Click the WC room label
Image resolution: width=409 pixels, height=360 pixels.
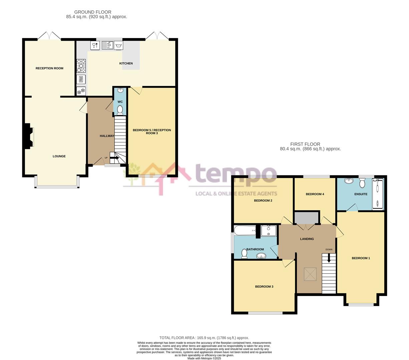(120, 102)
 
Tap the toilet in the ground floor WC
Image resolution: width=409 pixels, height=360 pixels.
(120, 110)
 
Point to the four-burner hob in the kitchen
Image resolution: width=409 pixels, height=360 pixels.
(81, 66)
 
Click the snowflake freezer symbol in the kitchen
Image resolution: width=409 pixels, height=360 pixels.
(81, 91)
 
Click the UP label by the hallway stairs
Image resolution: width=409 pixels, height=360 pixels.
(106, 158)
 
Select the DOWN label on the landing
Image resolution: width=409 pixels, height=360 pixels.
(329, 249)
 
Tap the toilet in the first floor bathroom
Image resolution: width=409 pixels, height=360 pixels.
(244, 254)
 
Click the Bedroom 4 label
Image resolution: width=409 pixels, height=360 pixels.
(315, 194)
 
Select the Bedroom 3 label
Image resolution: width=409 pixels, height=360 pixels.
(264, 287)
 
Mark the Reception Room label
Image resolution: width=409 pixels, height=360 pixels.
(49, 68)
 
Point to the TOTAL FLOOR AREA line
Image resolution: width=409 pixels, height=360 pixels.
(204, 338)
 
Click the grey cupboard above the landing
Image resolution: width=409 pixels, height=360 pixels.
(306, 218)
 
